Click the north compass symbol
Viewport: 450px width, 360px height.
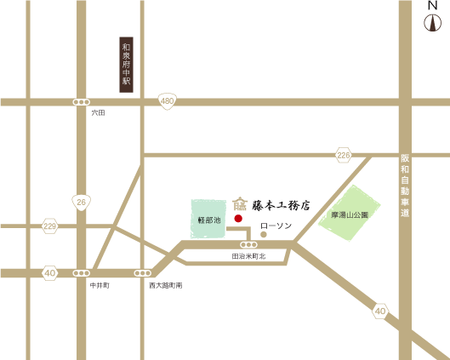coord(432,21)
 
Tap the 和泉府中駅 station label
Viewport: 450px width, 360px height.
coord(126,64)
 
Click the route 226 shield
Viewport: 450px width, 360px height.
coord(343,155)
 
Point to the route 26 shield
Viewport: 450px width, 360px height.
coord(81,202)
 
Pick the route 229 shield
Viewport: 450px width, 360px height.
coord(49,226)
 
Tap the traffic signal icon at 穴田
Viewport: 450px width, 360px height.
coord(81,102)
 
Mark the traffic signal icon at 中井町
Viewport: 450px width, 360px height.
coord(81,273)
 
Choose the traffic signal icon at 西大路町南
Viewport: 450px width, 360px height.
coord(142,273)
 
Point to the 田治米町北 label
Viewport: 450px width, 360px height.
coord(249,255)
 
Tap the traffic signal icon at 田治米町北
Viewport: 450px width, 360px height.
coord(249,244)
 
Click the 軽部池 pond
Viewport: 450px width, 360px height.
coord(208,219)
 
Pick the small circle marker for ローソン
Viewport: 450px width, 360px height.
coord(264,232)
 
